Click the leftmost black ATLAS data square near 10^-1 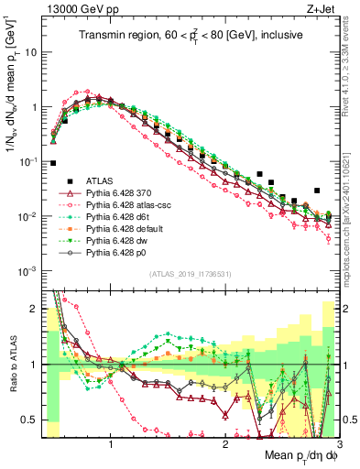point(53,163)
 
